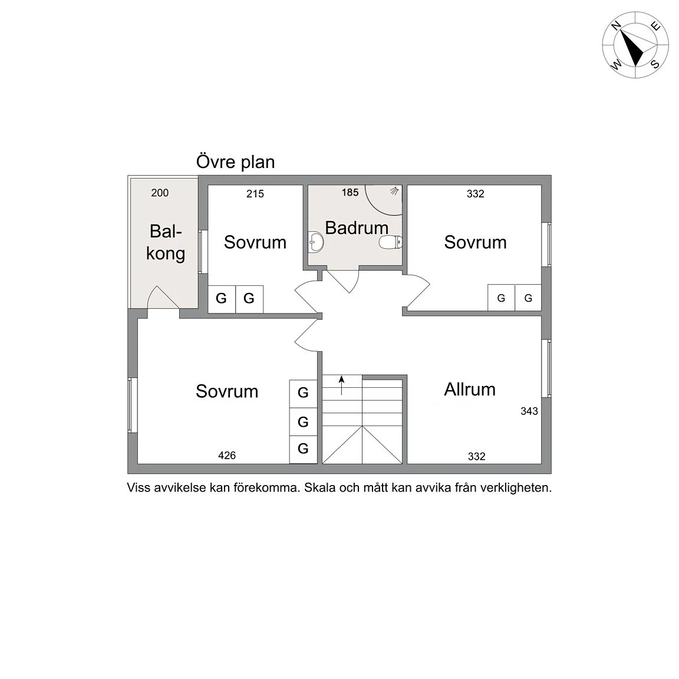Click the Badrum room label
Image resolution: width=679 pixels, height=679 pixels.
pos(357,228)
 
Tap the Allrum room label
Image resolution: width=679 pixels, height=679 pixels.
pos(470,390)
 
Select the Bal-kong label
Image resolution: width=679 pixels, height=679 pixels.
pos(166,242)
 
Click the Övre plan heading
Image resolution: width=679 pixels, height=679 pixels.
pos(236,162)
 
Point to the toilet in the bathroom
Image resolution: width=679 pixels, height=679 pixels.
pos(390,242)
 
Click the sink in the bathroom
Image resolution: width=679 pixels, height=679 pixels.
pos(316,242)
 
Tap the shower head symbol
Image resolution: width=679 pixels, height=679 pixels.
pos(394,190)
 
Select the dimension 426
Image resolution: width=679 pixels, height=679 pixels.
pos(227,455)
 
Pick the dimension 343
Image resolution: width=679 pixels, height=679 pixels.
pos(529,411)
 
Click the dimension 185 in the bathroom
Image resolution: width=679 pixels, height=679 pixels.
pos(350,192)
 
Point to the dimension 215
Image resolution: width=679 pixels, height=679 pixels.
pos(255,194)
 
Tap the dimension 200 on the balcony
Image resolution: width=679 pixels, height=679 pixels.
pos(160,193)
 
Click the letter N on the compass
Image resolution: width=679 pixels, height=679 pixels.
pos(616,25)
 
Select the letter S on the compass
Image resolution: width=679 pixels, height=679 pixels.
pos(655,64)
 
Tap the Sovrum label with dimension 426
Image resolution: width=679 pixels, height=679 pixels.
pos(227,391)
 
